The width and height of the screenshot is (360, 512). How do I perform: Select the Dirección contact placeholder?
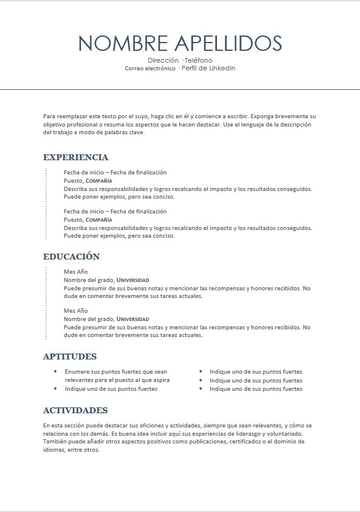[163, 60]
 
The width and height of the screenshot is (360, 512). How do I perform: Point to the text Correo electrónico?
[150, 69]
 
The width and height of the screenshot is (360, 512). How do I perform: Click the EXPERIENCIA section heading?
[76, 157]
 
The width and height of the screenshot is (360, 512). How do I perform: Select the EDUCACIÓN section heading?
[72, 257]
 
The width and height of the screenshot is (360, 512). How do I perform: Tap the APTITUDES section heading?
[70, 357]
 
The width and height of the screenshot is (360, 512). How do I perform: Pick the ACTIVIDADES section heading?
[76, 410]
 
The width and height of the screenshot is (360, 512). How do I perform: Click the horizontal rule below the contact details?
[180, 89]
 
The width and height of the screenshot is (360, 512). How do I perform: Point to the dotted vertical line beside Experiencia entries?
[46, 203]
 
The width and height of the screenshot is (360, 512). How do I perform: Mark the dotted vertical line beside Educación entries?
[46, 303]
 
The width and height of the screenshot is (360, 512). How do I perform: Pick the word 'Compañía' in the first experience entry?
[99, 181]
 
